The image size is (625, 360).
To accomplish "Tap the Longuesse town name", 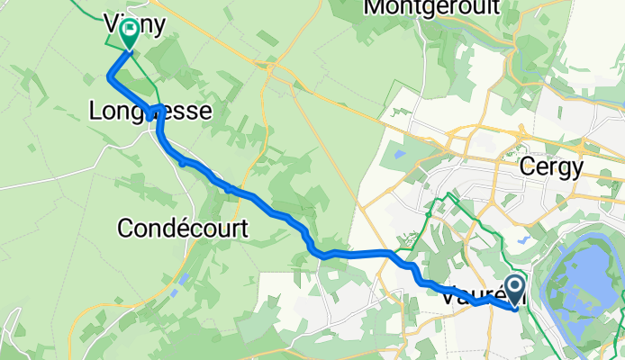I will (x=150, y=112).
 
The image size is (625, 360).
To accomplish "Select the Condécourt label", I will (x=183, y=229).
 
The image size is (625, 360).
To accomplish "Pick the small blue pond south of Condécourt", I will (x=184, y=278).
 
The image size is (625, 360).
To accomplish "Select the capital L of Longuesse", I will (x=96, y=112).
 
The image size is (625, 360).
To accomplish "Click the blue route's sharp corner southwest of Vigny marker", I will (x=110, y=77).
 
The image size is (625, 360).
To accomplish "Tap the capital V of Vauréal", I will (x=448, y=294).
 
